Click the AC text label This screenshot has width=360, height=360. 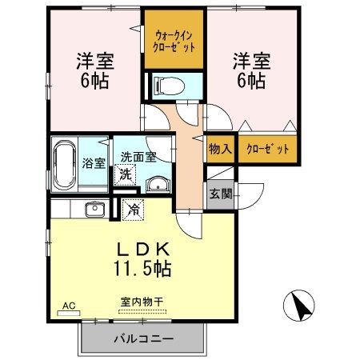pos(68,306)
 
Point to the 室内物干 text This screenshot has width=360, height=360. pos(142,302)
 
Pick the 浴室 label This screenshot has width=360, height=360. pos(94,163)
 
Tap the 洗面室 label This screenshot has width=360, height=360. pos(138,158)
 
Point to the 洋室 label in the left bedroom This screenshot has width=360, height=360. pos(94,59)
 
